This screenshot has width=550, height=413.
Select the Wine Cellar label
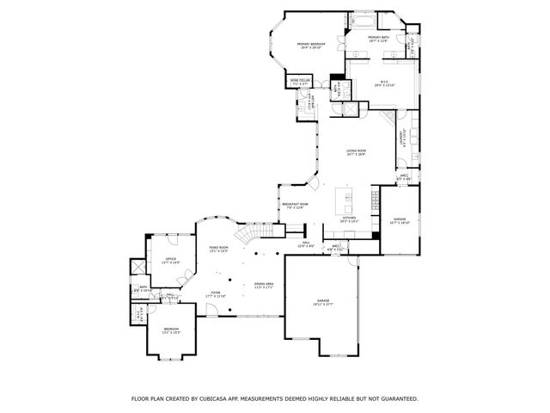(299, 81)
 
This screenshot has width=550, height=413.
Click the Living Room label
(356, 153)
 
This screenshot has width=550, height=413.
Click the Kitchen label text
(350, 219)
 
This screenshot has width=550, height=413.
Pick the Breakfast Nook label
(296, 205)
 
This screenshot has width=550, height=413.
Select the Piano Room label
(218, 250)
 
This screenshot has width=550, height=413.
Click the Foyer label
(215, 293)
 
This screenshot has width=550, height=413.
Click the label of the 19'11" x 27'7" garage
(321, 302)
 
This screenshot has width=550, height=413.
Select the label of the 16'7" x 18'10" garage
(400, 220)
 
